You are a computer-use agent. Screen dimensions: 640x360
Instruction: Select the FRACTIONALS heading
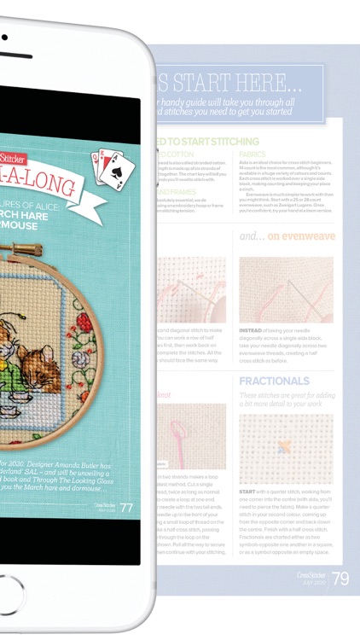pyautogui.click(x=275, y=380)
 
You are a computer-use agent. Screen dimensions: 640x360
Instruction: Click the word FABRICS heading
pyautogui.click(x=253, y=154)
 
